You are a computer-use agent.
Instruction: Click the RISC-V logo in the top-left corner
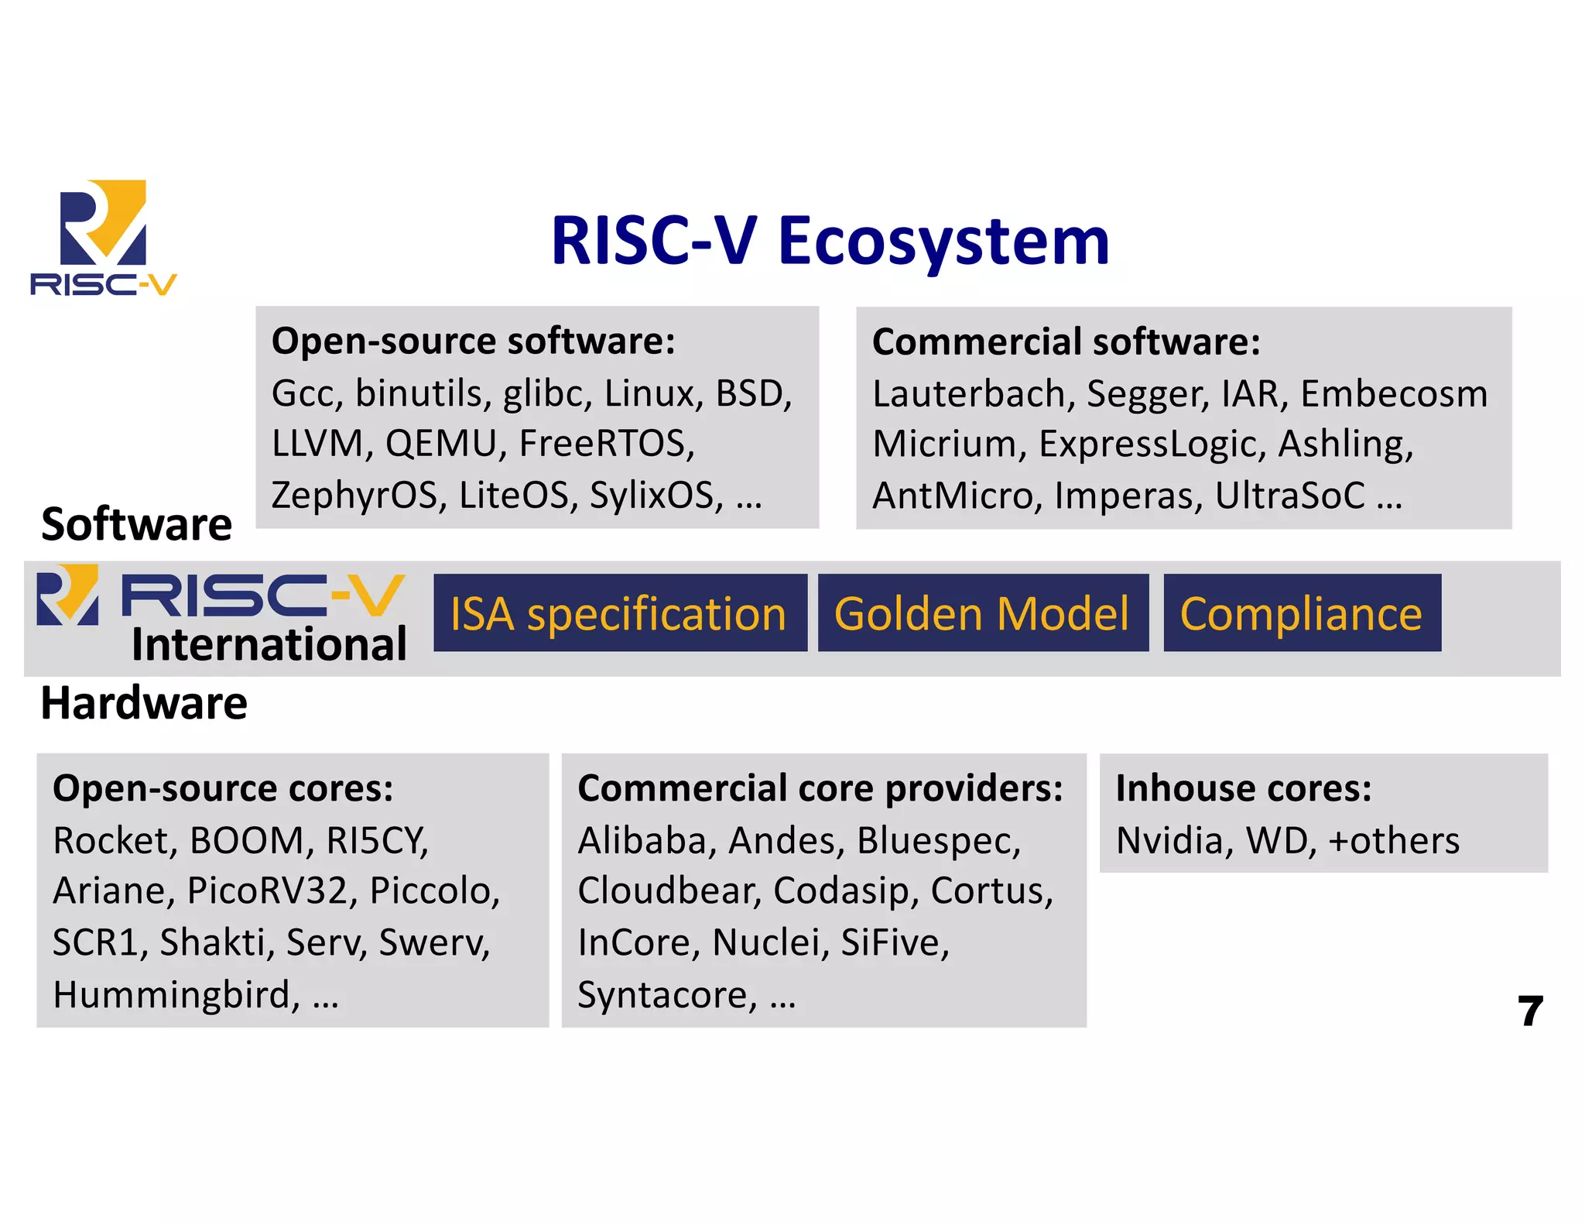click(103, 236)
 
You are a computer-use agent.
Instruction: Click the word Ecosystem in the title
click(943, 242)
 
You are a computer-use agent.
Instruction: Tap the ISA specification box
click(619, 613)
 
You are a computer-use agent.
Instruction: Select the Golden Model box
click(982, 613)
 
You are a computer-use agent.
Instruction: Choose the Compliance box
click(1301, 613)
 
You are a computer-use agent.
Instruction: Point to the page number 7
click(1529, 1011)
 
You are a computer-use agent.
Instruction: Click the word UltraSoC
click(1289, 496)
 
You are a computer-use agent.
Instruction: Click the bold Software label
click(136, 524)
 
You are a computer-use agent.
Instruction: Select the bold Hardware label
click(144, 703)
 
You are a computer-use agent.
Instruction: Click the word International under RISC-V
click(269, 644)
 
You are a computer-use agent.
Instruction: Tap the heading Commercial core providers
click(820, 788)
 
